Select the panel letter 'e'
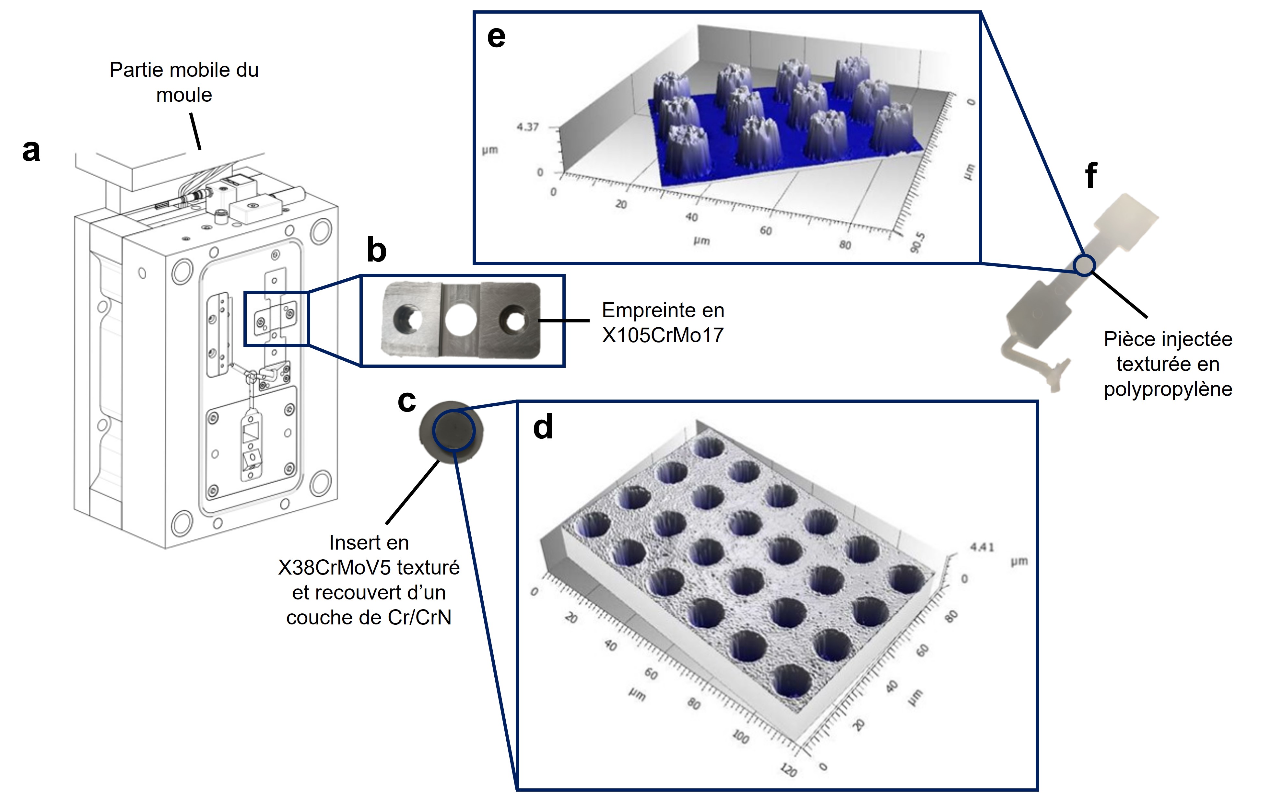[496, 37]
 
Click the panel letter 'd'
[542, 427]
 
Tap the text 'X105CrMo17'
[662, 335]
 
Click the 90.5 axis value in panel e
[916, 242]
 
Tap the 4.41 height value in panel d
[982, 547]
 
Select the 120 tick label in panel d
[788, 770]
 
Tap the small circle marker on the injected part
[1084, 265]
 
